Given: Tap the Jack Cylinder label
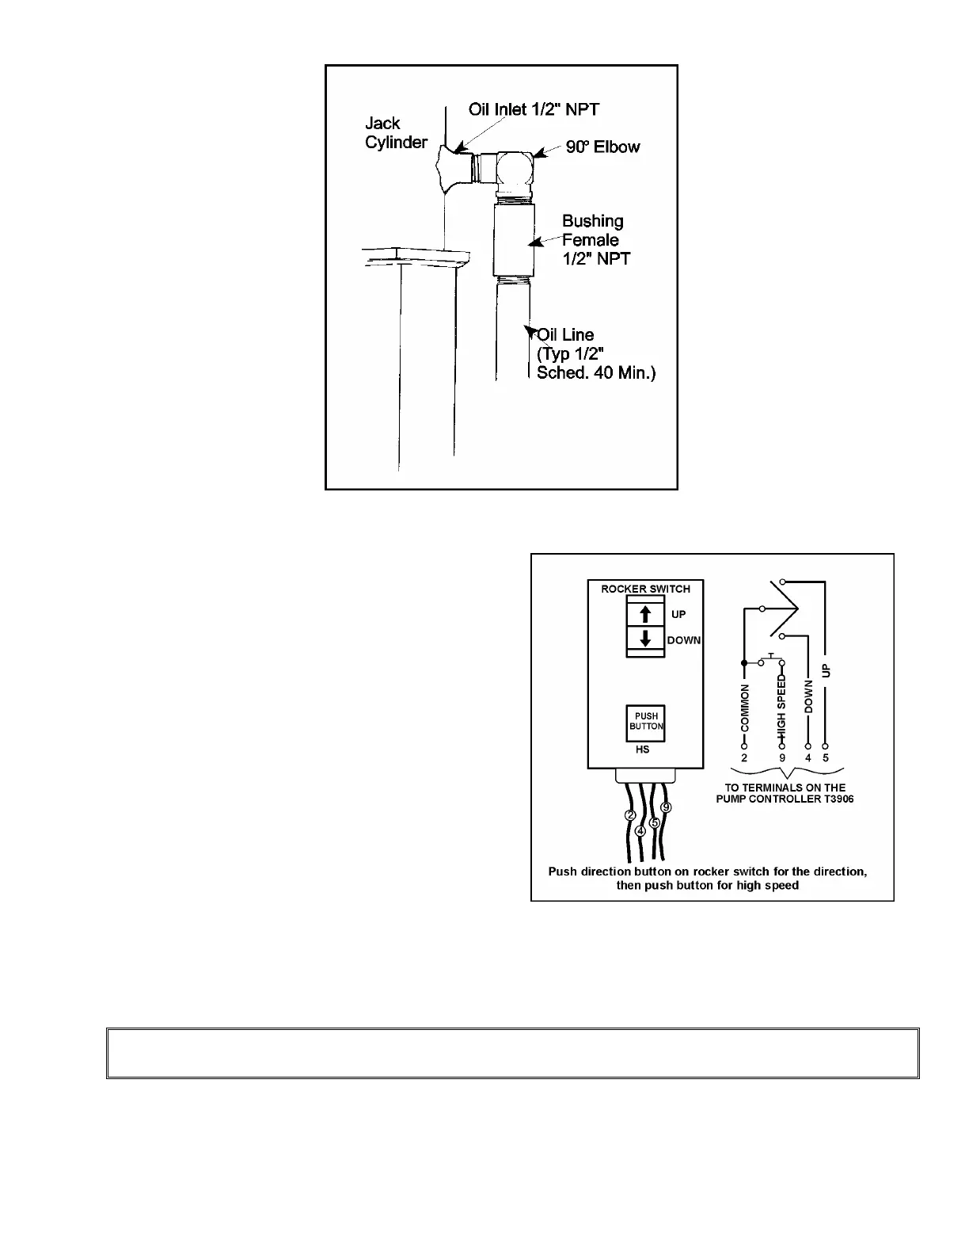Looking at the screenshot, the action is pyautogui.click(x=396, y=133).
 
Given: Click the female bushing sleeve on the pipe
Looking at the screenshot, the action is pyautogui.click(x=512, y=238).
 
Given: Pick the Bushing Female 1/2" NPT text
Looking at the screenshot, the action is pyautogui.click(x=595, y=239).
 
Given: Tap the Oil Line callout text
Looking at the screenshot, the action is pyautogui.click(x=595, y=353).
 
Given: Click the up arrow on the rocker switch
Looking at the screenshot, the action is pyautogui.click(x=645, y=614).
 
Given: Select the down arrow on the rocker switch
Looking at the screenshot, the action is pyautogui.click(x=645, y=639).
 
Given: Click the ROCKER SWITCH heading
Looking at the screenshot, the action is pyautogui.click(x=645, y=589).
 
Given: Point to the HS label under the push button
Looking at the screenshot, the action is pyautogui.click(x=642, y=750).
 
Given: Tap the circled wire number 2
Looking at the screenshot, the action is pyautogui.click(x=631, y=815).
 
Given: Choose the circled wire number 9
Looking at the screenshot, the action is pyautogui.click(x=666, y=807).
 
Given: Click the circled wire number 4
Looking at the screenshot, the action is pyautogui.click(x=640, y=830).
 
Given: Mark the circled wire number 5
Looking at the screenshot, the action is pyautogui.click(x=655, y=822).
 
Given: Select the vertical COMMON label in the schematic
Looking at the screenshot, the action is pyautogui.click(x=744, y=708).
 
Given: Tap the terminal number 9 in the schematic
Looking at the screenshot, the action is pyautogui.click(x=782, y=758).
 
